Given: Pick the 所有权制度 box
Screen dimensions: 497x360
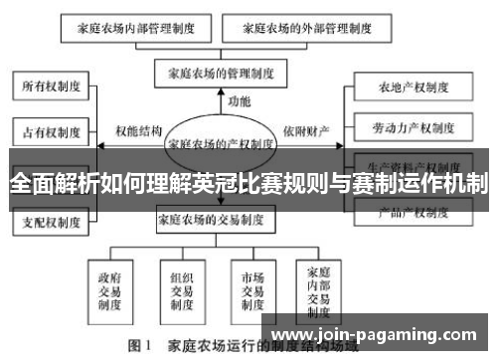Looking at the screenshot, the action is coord(52,86).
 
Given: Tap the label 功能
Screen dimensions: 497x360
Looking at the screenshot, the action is coord(240,101).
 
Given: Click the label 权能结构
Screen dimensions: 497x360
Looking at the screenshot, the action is coord(137,129).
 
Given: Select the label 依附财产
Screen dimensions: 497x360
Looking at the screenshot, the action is coord(308,129).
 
